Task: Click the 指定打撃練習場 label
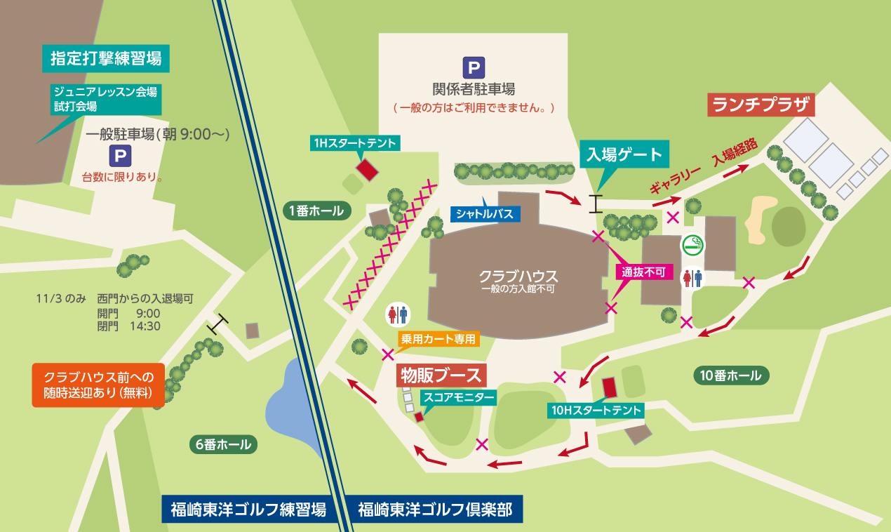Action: [x=107, y=58]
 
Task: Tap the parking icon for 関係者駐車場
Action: [x=473, y=68]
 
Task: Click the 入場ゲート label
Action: [x=624, y=154]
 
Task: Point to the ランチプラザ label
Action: [x=761, y=105]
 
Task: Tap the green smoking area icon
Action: [x=693, y=245]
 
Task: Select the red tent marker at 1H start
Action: [x=367, y=169]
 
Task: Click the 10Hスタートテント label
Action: [x=596, y=411]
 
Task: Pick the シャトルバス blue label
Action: [x=485, y=213]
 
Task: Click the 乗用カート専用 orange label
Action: [x=438, y=340]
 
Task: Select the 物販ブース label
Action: [x=441, y=375]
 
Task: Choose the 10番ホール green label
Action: [x=730, y=375]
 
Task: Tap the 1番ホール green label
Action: [x=317, y=210]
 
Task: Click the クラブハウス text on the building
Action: [x=518, y=275]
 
